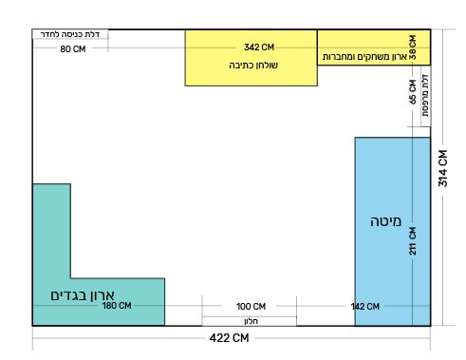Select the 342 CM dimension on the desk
[x=259, y=47]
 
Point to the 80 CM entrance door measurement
[x=72, y=47]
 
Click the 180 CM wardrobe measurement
[x=116, y=306]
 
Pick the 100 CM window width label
[x=251, y=306]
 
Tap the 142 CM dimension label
[x=364, y=306]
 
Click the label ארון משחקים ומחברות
[x=364, y=57]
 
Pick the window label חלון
[x=252, y=321]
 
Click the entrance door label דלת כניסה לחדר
[x=72, y=34]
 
